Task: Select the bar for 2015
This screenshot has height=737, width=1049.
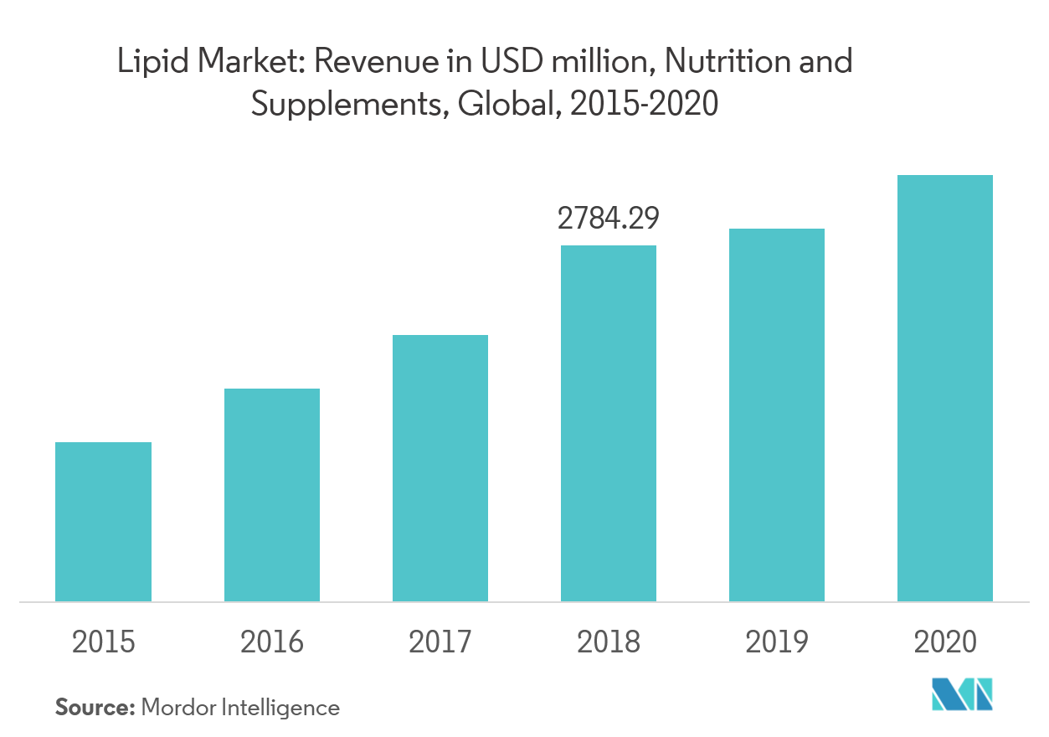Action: (x=103, y=521)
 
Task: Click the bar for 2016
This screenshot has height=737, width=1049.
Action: (x=271, y=494)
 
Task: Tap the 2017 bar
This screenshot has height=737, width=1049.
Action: (x=440, y=467)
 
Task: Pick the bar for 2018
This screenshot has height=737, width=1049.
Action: (x=608, y=423)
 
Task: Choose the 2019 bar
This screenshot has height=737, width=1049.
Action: (x=776, y=415)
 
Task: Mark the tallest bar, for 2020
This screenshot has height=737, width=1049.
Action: (x=944, y=388)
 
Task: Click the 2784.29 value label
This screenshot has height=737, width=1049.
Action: (x=609, y=219)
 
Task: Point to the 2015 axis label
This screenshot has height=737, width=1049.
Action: (x=103, y=642)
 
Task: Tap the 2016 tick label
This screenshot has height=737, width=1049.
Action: (x=271, y=642)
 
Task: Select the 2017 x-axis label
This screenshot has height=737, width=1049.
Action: (x=440, y=642)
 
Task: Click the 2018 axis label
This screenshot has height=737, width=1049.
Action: (x=608, y=642)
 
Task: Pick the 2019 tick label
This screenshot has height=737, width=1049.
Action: (x=776, y=642)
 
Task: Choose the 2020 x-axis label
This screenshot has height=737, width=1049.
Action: (x=944, y=642)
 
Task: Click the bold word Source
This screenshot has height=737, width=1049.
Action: (x=95, y=708)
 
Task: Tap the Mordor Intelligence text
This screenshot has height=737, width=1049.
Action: (x=240, y=708)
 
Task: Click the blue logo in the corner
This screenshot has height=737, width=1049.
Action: (x=962, y=693)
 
